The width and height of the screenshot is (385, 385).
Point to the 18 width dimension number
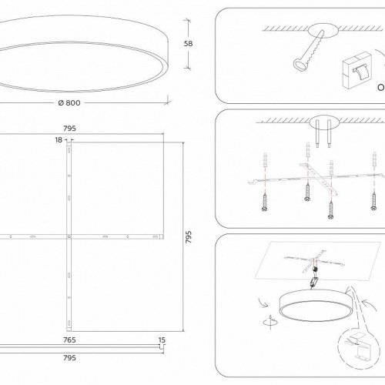pyautogui.click(x=59, y=139)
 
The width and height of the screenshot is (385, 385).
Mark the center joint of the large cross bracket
pyautogui.click(x=71, y=233)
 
